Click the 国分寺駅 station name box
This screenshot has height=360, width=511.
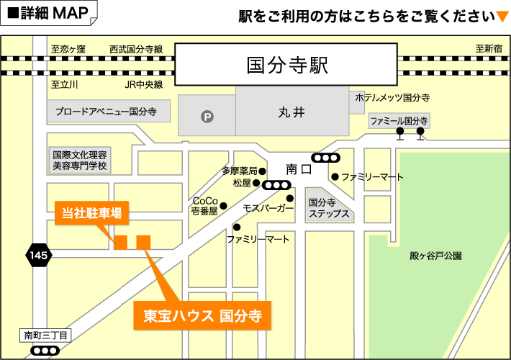[287, 66]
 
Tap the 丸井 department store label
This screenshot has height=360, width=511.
[291, 112]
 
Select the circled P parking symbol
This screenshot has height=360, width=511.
[207, 115]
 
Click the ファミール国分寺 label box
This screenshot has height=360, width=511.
[399, 121]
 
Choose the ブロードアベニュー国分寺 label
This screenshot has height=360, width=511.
[106, 112]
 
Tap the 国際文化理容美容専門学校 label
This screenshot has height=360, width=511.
[79, 160]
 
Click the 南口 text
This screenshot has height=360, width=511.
[298, 170]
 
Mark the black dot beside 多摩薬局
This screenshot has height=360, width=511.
[263, 171]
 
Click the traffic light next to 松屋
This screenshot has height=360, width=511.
[277, 184]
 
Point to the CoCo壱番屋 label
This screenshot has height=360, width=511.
[205, 206]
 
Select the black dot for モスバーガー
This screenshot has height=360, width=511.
[290, 199]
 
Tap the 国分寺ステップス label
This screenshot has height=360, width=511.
[328, 209]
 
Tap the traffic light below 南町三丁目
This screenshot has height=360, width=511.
[45, 351]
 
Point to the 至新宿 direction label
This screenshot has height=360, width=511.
[488, 49]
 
